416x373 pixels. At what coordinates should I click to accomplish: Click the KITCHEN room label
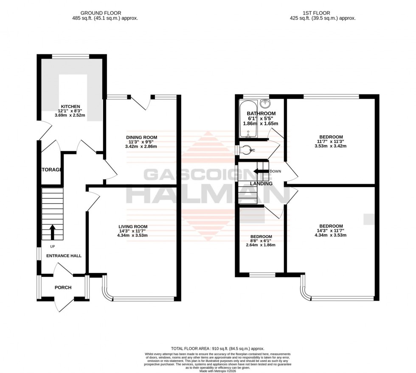tap(70, 106)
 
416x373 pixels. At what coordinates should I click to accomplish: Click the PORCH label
tap(63, 288)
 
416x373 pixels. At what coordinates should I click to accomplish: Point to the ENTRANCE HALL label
tap(64, 256)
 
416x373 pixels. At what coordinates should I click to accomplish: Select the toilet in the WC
tap(245, 150)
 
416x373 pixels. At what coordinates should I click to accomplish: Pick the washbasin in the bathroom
tap(265, 103)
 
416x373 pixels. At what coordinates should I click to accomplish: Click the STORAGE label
tap(51, 170)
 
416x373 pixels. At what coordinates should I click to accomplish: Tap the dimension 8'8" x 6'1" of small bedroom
tap(261, 241)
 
